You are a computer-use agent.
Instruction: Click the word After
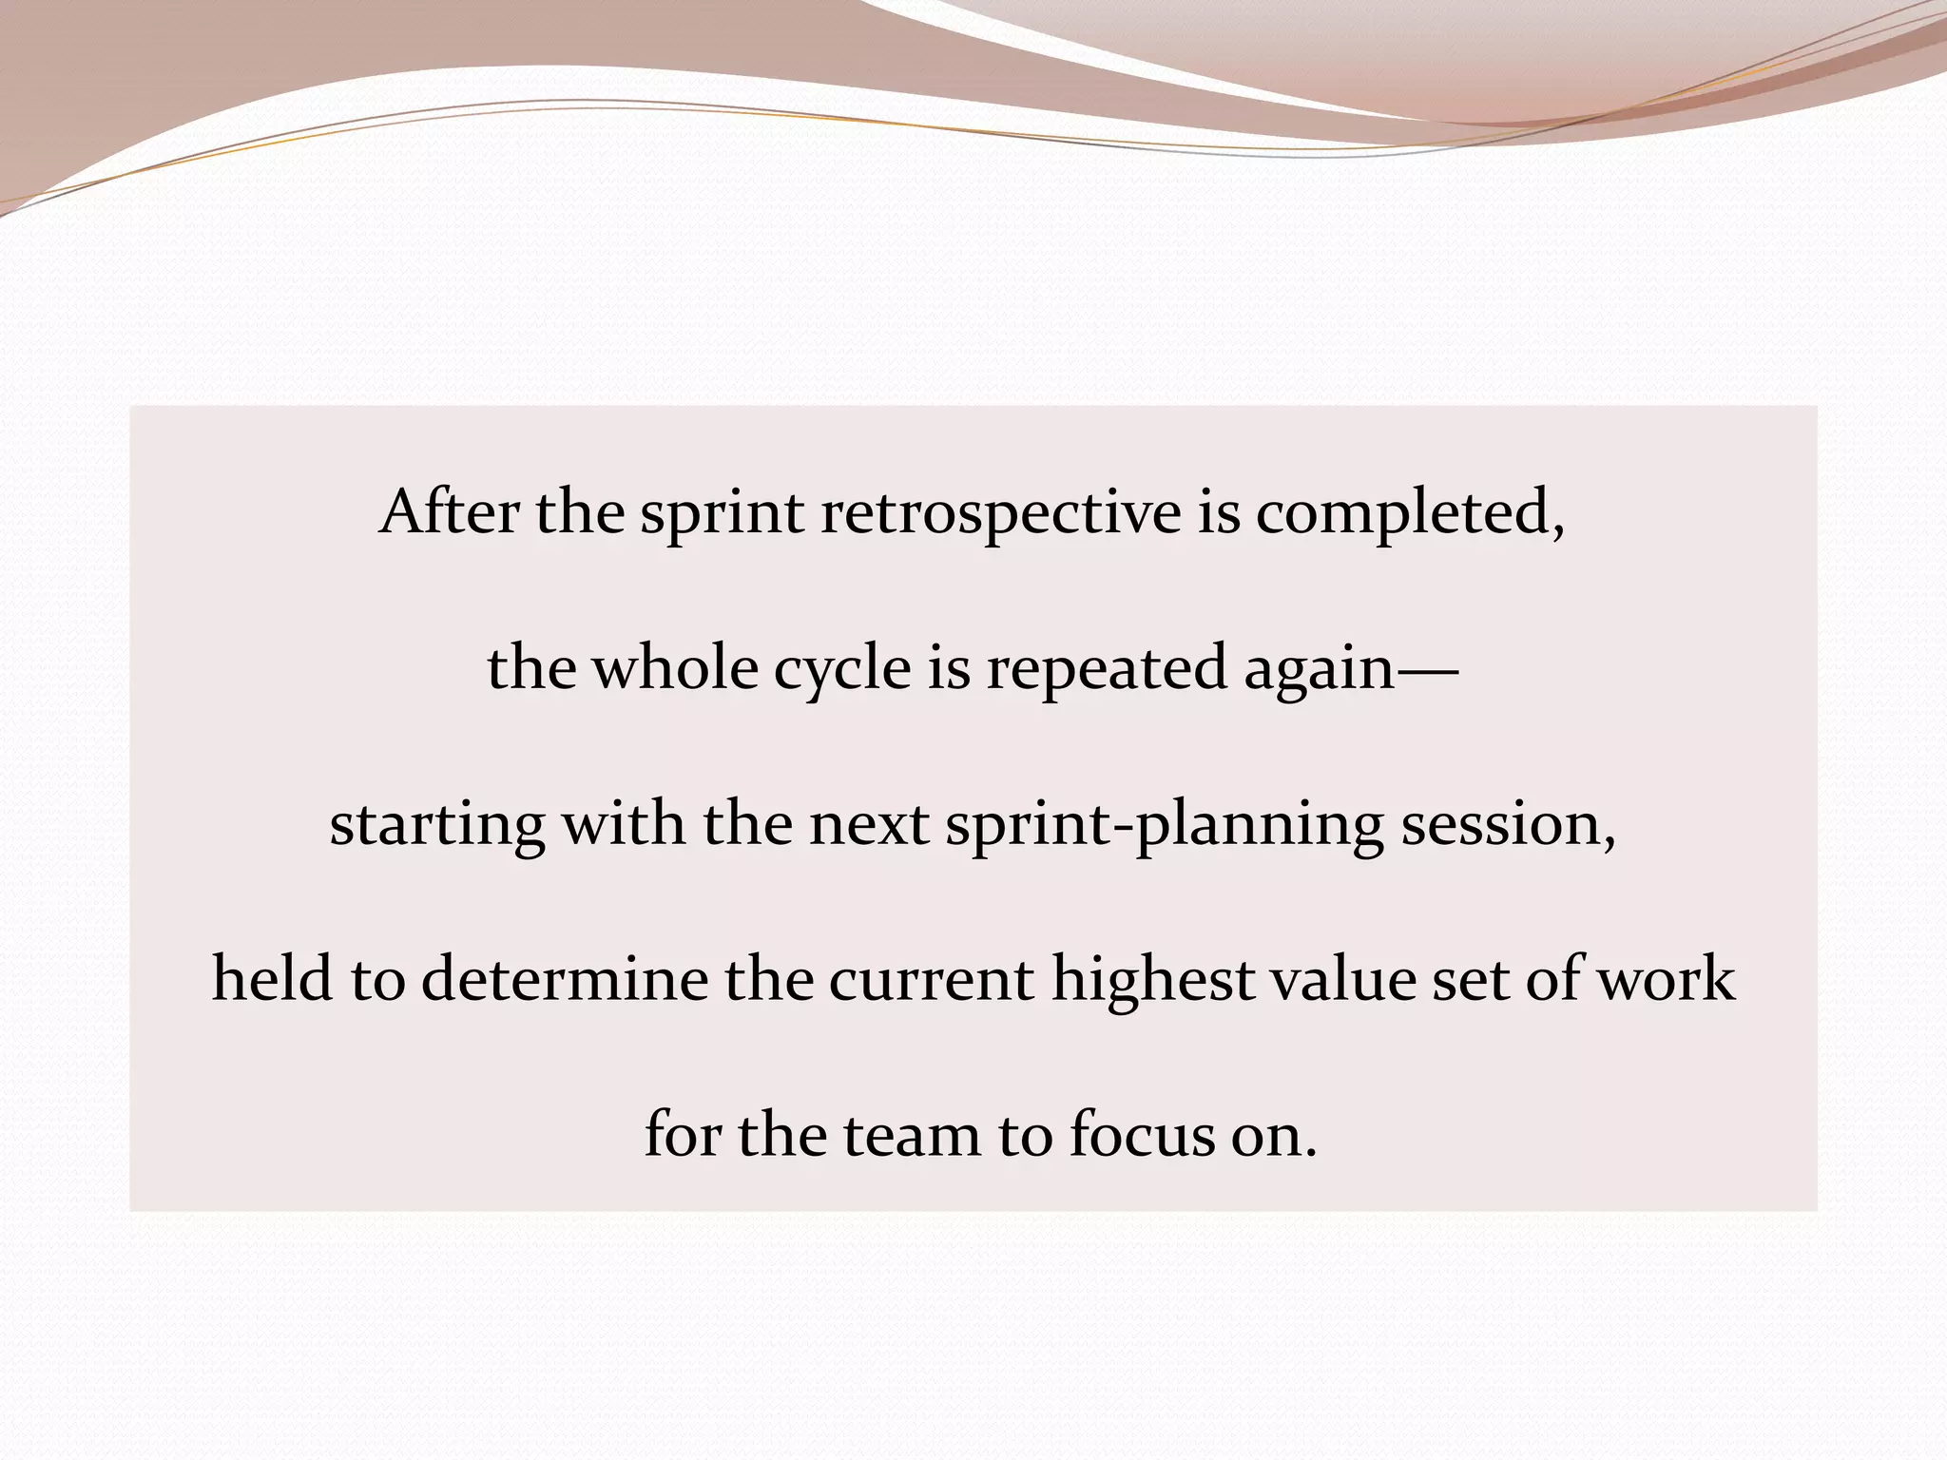coord(449,512)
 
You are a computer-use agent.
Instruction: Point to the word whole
coord(675,667)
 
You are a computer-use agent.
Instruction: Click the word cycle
coord(842,669)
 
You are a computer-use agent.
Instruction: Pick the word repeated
coord(1107,669)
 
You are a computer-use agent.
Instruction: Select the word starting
coord(437,825)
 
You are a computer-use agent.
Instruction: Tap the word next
coord(869,823)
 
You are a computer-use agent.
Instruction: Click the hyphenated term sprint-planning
coord(1165,825)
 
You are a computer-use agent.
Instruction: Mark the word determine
coord(565,978)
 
